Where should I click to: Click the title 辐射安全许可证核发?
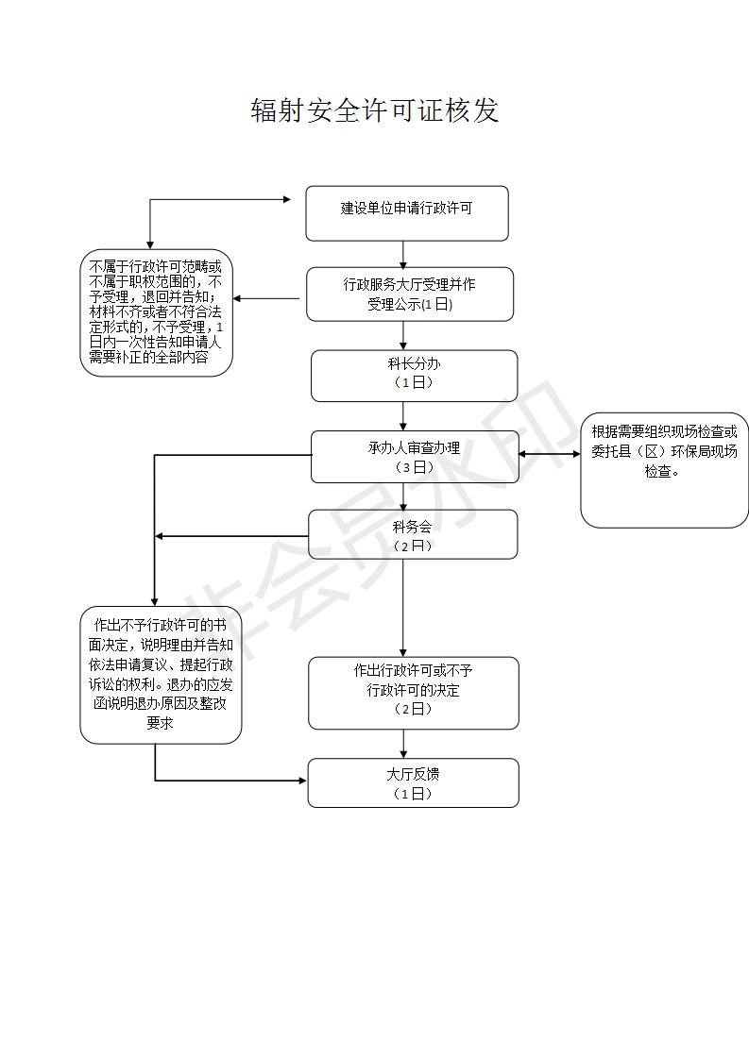(x=374, y=110)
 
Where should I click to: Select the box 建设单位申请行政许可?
(x=407, y=213)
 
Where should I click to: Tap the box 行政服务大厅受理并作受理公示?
(x=410, y=294)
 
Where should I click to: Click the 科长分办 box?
(x=414, y=376)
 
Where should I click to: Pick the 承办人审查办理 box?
(x=415, y=457)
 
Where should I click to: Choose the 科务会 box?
(x=413, y=534)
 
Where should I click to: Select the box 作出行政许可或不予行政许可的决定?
(x=413, y=693)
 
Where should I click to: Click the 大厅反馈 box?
(x=413, y=782)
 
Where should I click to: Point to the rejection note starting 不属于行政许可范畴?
(x=156, y=312)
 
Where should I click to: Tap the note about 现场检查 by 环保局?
(x=665, y=470)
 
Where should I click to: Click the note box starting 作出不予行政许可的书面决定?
(x=161, y=675)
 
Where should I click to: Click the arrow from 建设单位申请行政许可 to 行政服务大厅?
(x=403, y=255)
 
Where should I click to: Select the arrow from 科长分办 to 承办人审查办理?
(x=403, y=416)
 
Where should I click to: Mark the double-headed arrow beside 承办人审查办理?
(x=550, y=454)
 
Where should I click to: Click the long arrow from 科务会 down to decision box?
(x=403, y=608)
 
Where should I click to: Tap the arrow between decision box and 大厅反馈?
(x=403, y=745)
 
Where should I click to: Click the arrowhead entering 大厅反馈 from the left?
(x=303, y=781)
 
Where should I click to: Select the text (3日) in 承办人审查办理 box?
(x=414, y=467)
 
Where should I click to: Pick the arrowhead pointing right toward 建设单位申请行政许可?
(x=287, y=199)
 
